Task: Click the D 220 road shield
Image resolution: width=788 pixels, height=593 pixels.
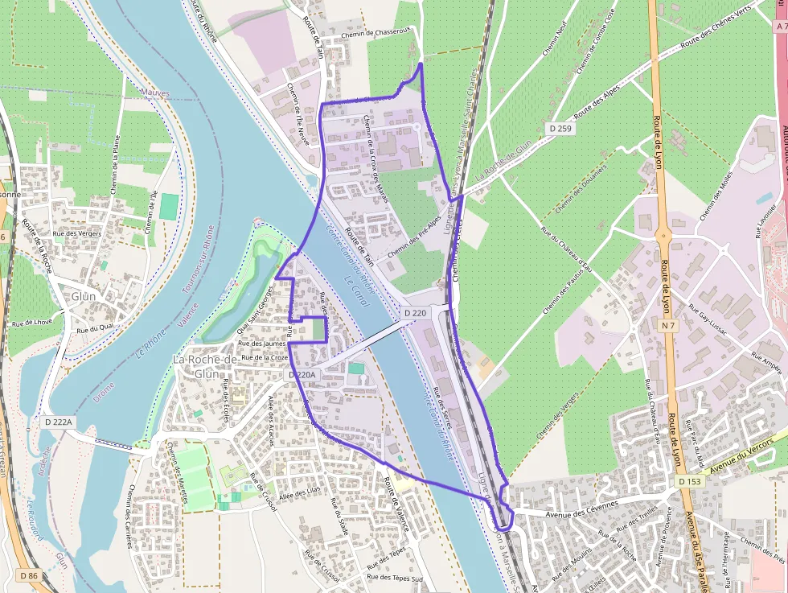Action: pyautogui.click(x=415, y=312)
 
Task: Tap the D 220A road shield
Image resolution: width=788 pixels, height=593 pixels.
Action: pyautogui.click(x=303, y=375)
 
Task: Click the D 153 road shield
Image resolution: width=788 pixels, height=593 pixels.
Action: pyautogui.click(x=689, y=481)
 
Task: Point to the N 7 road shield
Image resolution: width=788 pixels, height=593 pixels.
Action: pyautogui.click(x=667, y=325)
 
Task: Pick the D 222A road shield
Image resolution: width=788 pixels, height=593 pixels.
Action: pyautogui.click(x=59, y=422)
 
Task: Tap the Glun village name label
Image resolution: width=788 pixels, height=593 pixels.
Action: pyautogui.click(x=83, y=296)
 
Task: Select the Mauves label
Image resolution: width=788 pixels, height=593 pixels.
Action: pyautogui.click(x=155, y=93)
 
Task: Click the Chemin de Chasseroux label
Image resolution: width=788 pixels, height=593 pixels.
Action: pyautogui.click(x=376, y=33)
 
